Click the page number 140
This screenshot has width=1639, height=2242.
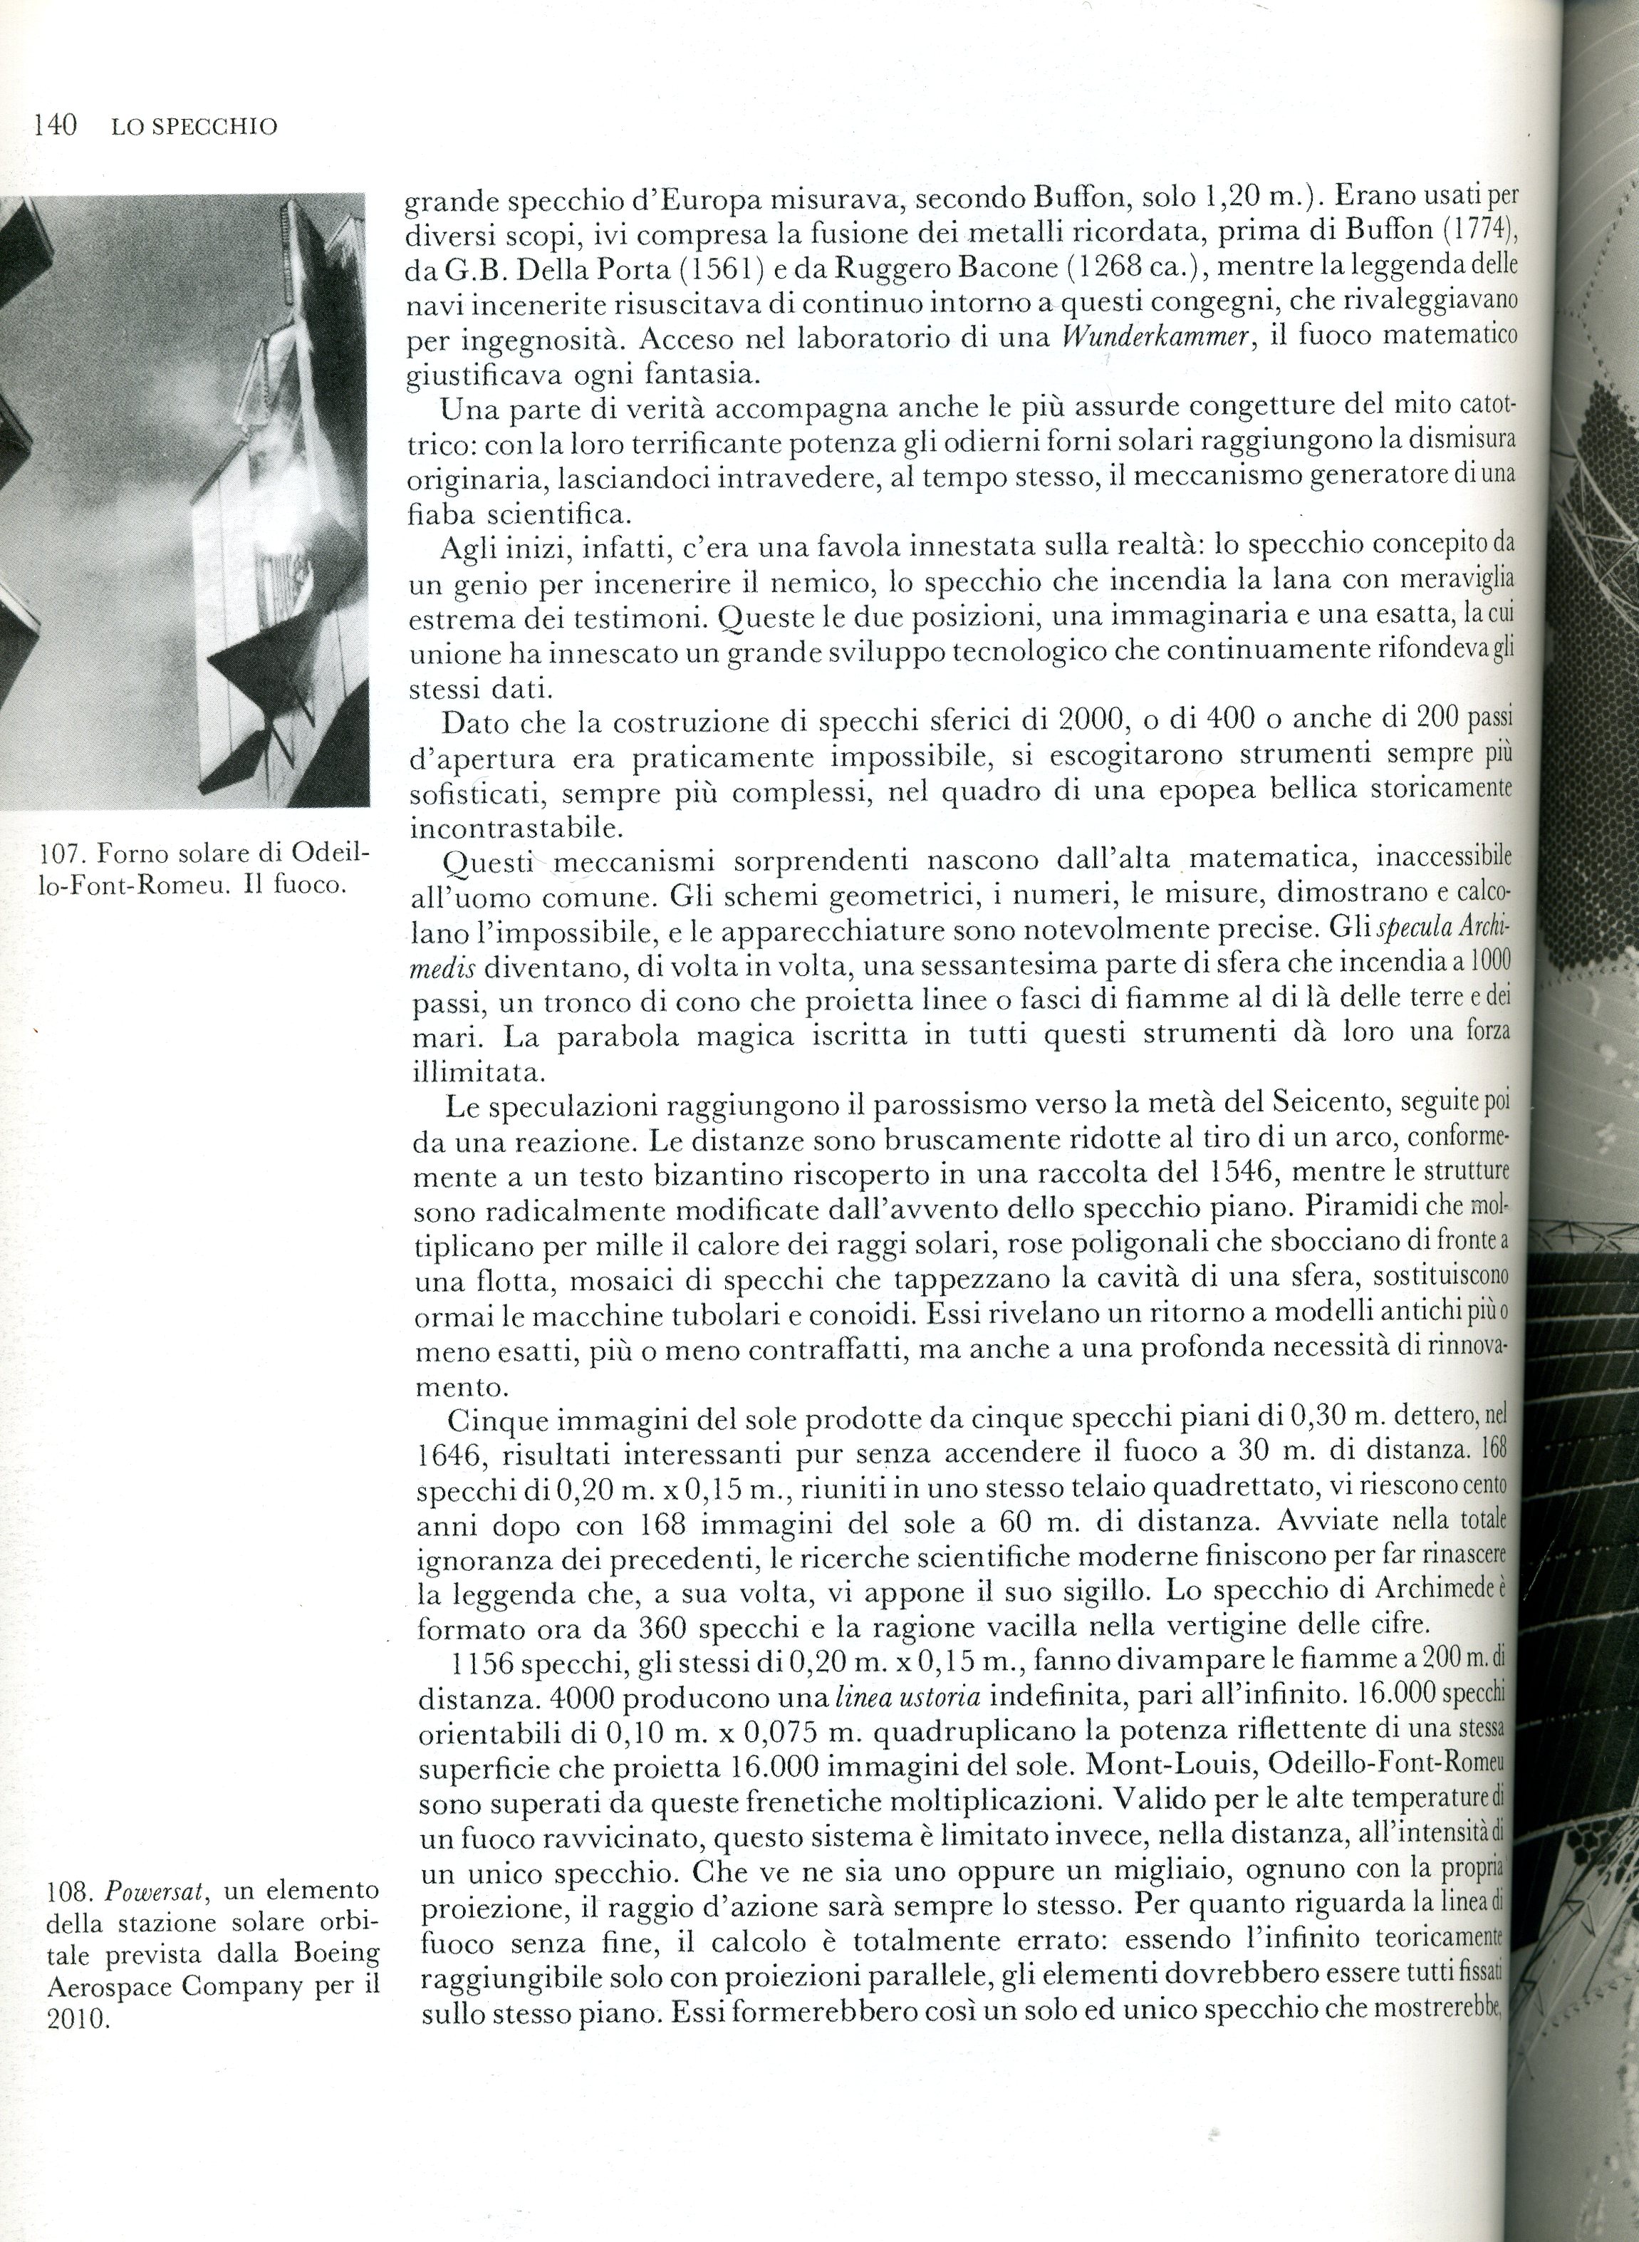point(56,126)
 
